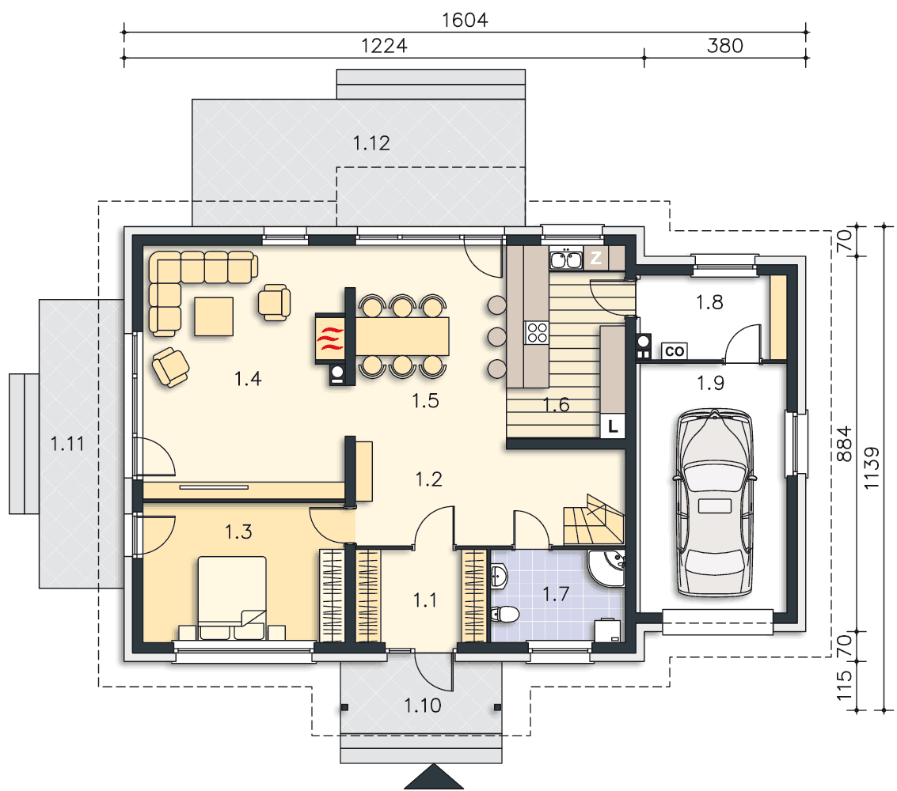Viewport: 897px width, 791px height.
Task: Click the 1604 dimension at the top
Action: click(465, 20)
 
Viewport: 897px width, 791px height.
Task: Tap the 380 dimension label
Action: click(725, 46)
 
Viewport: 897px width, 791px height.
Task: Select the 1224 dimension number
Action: click(384, 46)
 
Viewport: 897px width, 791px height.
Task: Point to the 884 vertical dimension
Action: click(845, 444)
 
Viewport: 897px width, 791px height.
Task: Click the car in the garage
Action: click(714, 503)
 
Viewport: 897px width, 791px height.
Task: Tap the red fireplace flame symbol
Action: click(330, 339)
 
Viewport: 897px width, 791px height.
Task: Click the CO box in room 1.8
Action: click(675, 351)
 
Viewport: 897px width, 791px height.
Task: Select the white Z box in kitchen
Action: click(595, 258)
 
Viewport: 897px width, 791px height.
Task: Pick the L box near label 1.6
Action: click(612, 426)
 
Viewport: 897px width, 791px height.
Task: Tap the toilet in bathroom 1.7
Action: click(504, 615)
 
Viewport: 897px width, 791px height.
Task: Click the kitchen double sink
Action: click(566, 259)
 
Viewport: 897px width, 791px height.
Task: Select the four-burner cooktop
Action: click(537, 332)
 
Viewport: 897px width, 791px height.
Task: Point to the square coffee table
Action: click(214, 316)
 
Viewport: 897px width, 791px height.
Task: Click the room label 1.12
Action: click(371, 143)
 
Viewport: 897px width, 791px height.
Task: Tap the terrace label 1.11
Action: click(67, 444)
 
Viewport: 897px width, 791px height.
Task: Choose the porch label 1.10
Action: click(422, 706)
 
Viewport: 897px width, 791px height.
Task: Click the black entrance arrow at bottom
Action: click(434, 777)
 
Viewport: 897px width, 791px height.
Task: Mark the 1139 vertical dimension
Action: click(871, 467)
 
